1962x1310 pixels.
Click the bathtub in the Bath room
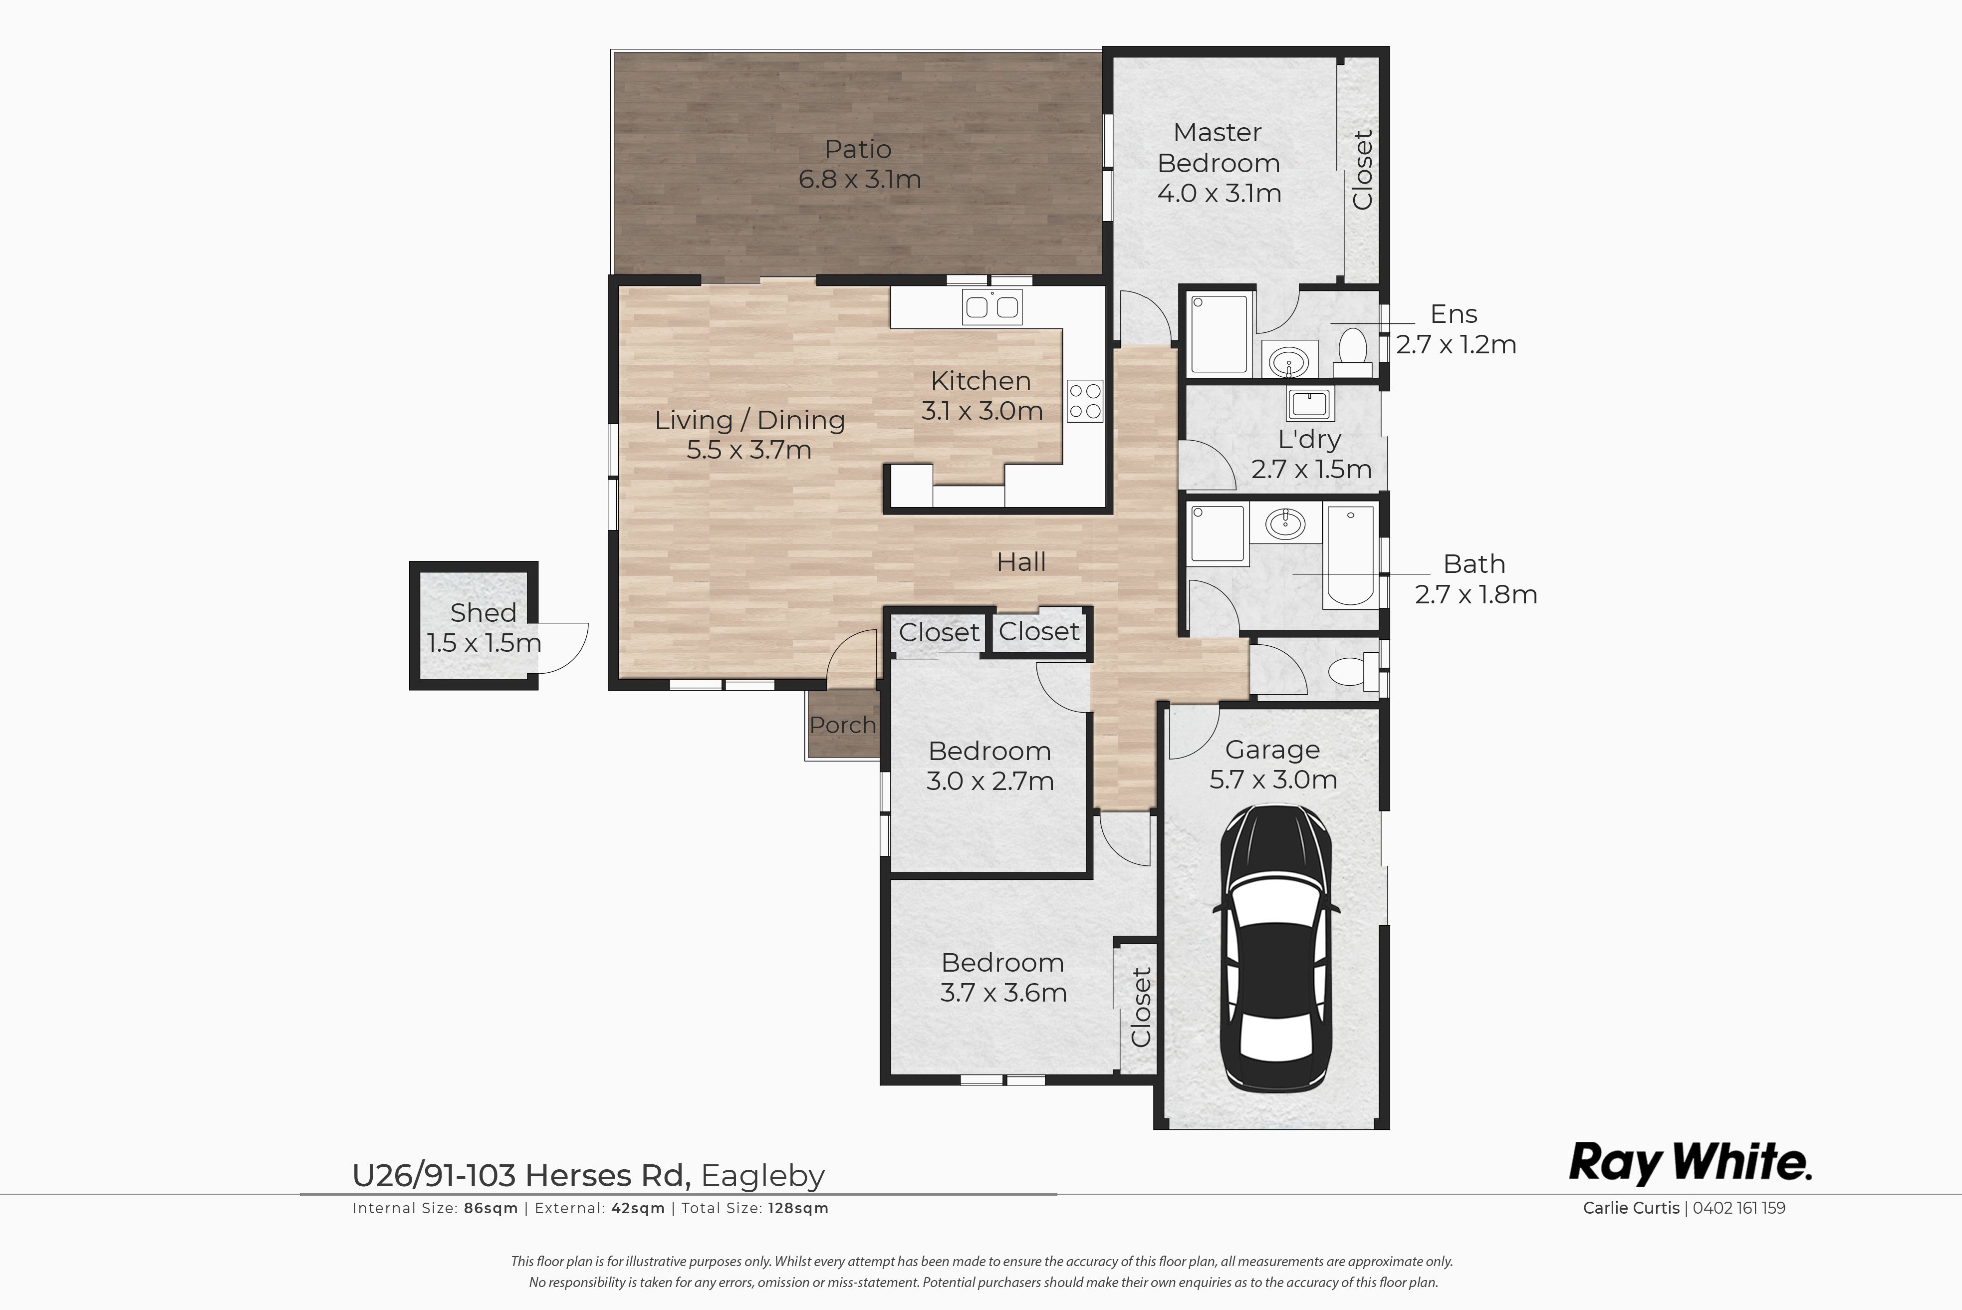click(1349, 555)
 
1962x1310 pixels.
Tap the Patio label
click(858, 150)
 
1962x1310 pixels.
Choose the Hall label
click(1021, 562)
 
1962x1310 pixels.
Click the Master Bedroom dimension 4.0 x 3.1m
click(1219, 194)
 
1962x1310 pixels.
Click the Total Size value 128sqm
click(798, 1208)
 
